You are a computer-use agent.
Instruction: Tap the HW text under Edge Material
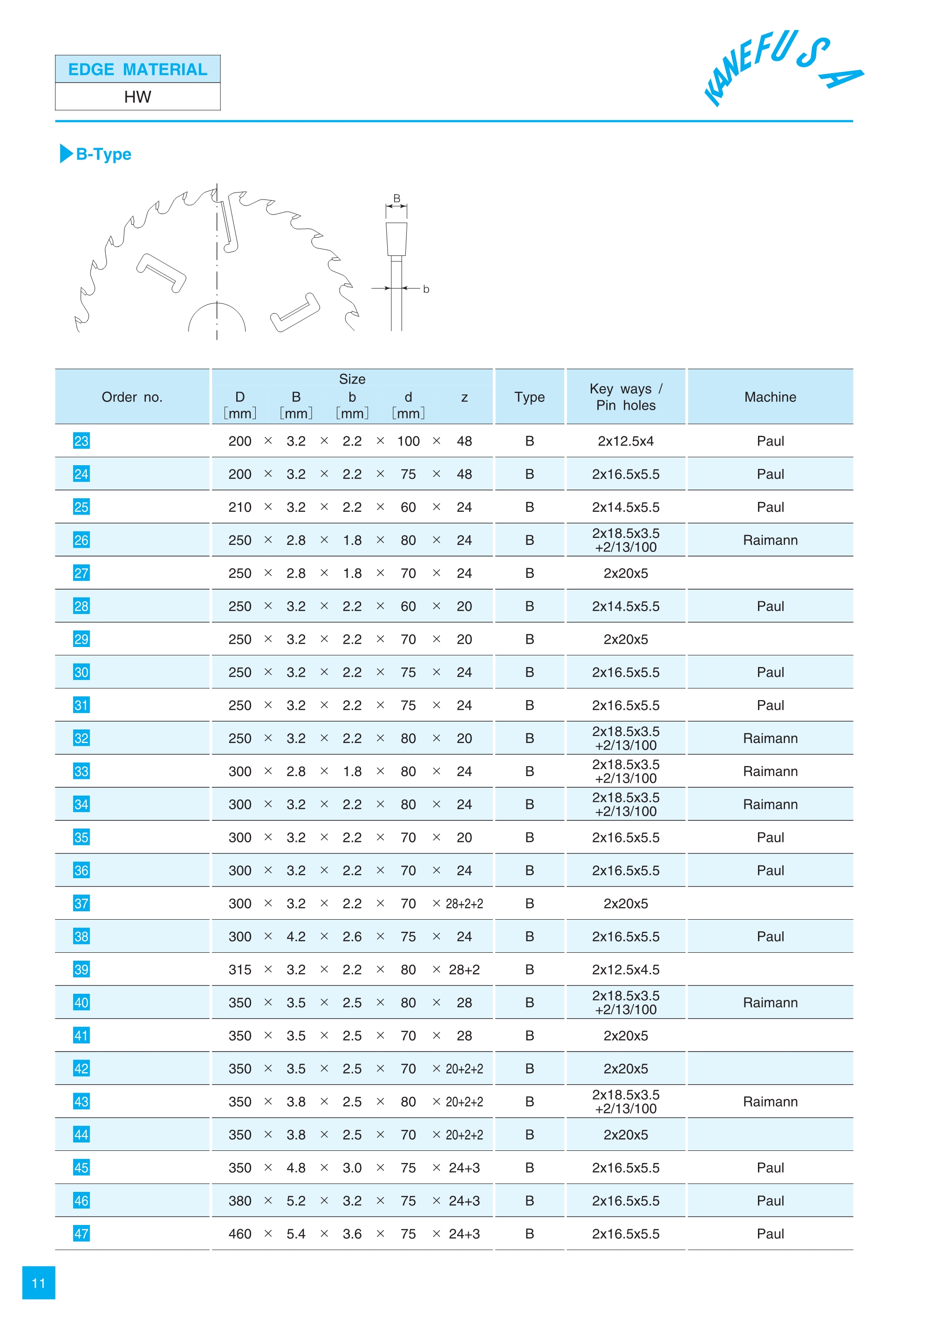point(137,97)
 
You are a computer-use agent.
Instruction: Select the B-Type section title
point(103,154)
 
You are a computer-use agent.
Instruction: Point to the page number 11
point(39,1283)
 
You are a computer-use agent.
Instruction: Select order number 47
point(81,1233)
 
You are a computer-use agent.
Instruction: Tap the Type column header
point(529,397)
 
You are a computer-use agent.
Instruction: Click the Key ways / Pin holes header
point(626,397)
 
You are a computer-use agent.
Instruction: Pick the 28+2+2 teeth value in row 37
point(464,903)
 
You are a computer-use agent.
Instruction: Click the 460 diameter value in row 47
point(239,1233)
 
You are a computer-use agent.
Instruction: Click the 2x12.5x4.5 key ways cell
point(626,970)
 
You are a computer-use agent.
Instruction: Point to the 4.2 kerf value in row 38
point(296,937)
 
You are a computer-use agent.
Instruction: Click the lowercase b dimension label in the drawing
point(426,289)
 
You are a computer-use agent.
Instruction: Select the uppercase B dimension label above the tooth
point(396,198)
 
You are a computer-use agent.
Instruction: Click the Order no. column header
point(132,397)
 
